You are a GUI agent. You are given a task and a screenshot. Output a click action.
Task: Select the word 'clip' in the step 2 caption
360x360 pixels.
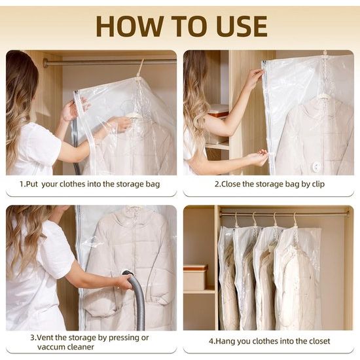[318, 185]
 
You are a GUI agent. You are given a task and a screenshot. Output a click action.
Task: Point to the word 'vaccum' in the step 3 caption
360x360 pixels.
[50, 347]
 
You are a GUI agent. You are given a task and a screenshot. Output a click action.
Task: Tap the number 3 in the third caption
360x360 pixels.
[32, 338]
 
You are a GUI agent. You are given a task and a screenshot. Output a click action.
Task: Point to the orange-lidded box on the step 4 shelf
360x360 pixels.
[195, 277]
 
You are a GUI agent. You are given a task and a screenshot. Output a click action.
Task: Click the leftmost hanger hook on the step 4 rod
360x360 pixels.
[236, 219]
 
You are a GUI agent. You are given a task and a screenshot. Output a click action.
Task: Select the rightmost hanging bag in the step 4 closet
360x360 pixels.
[298, 278]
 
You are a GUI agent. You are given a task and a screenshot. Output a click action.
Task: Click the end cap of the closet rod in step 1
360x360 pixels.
[45, 63]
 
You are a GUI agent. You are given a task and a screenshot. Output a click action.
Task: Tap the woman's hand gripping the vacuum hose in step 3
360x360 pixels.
[126, 282]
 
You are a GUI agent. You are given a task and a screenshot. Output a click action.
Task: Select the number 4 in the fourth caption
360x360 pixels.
[211, 341]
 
